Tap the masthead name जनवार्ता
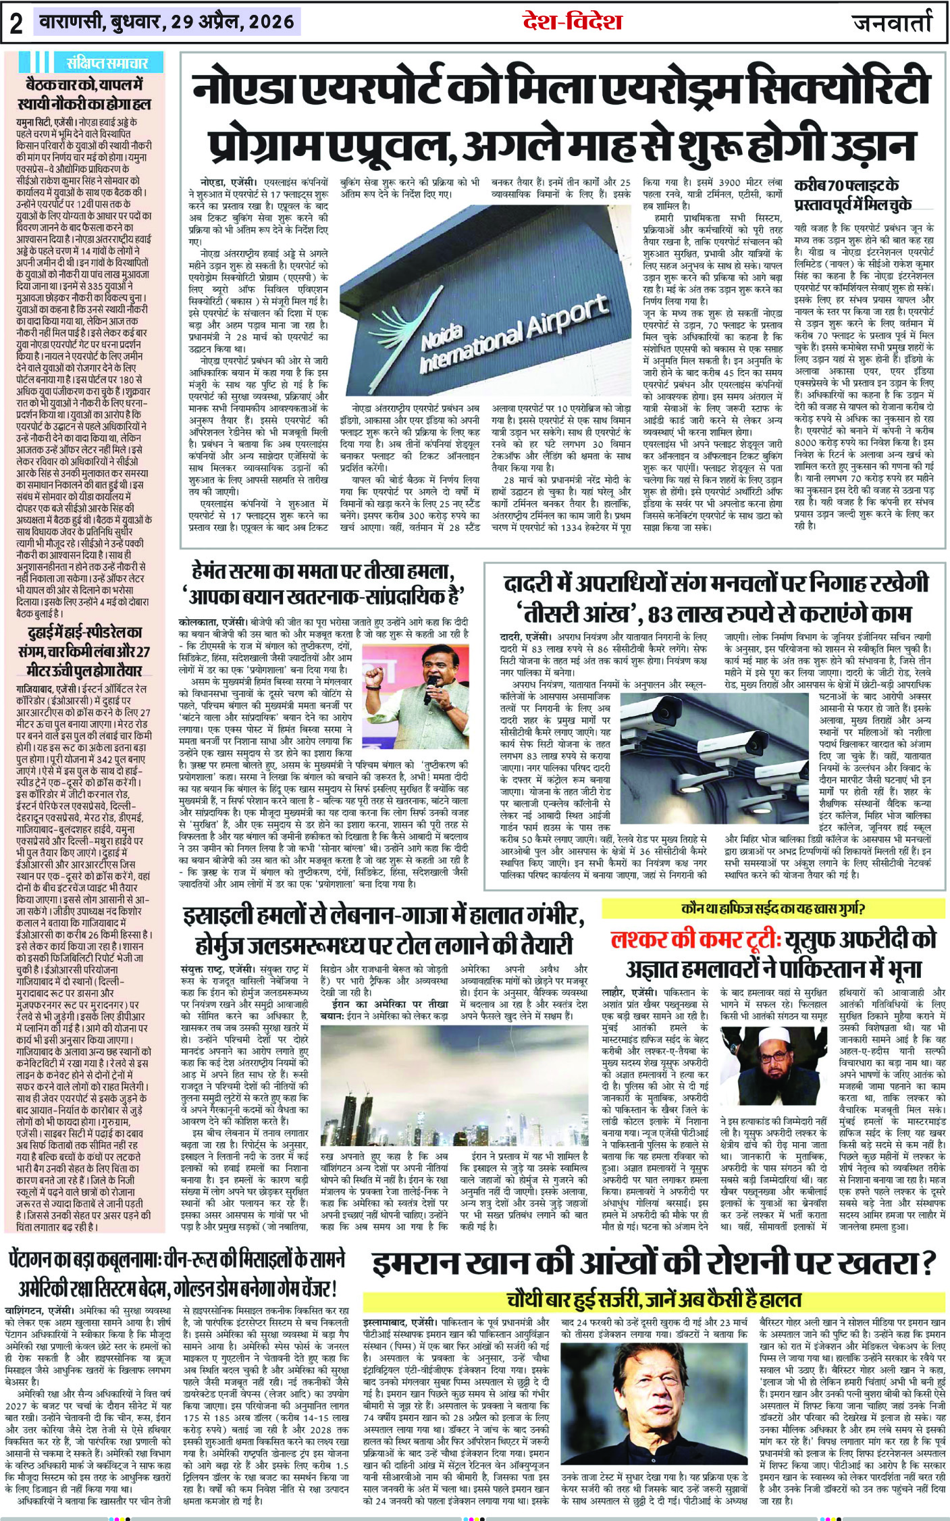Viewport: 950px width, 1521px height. pos(891,22)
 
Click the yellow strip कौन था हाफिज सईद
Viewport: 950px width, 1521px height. pos(773,908)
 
